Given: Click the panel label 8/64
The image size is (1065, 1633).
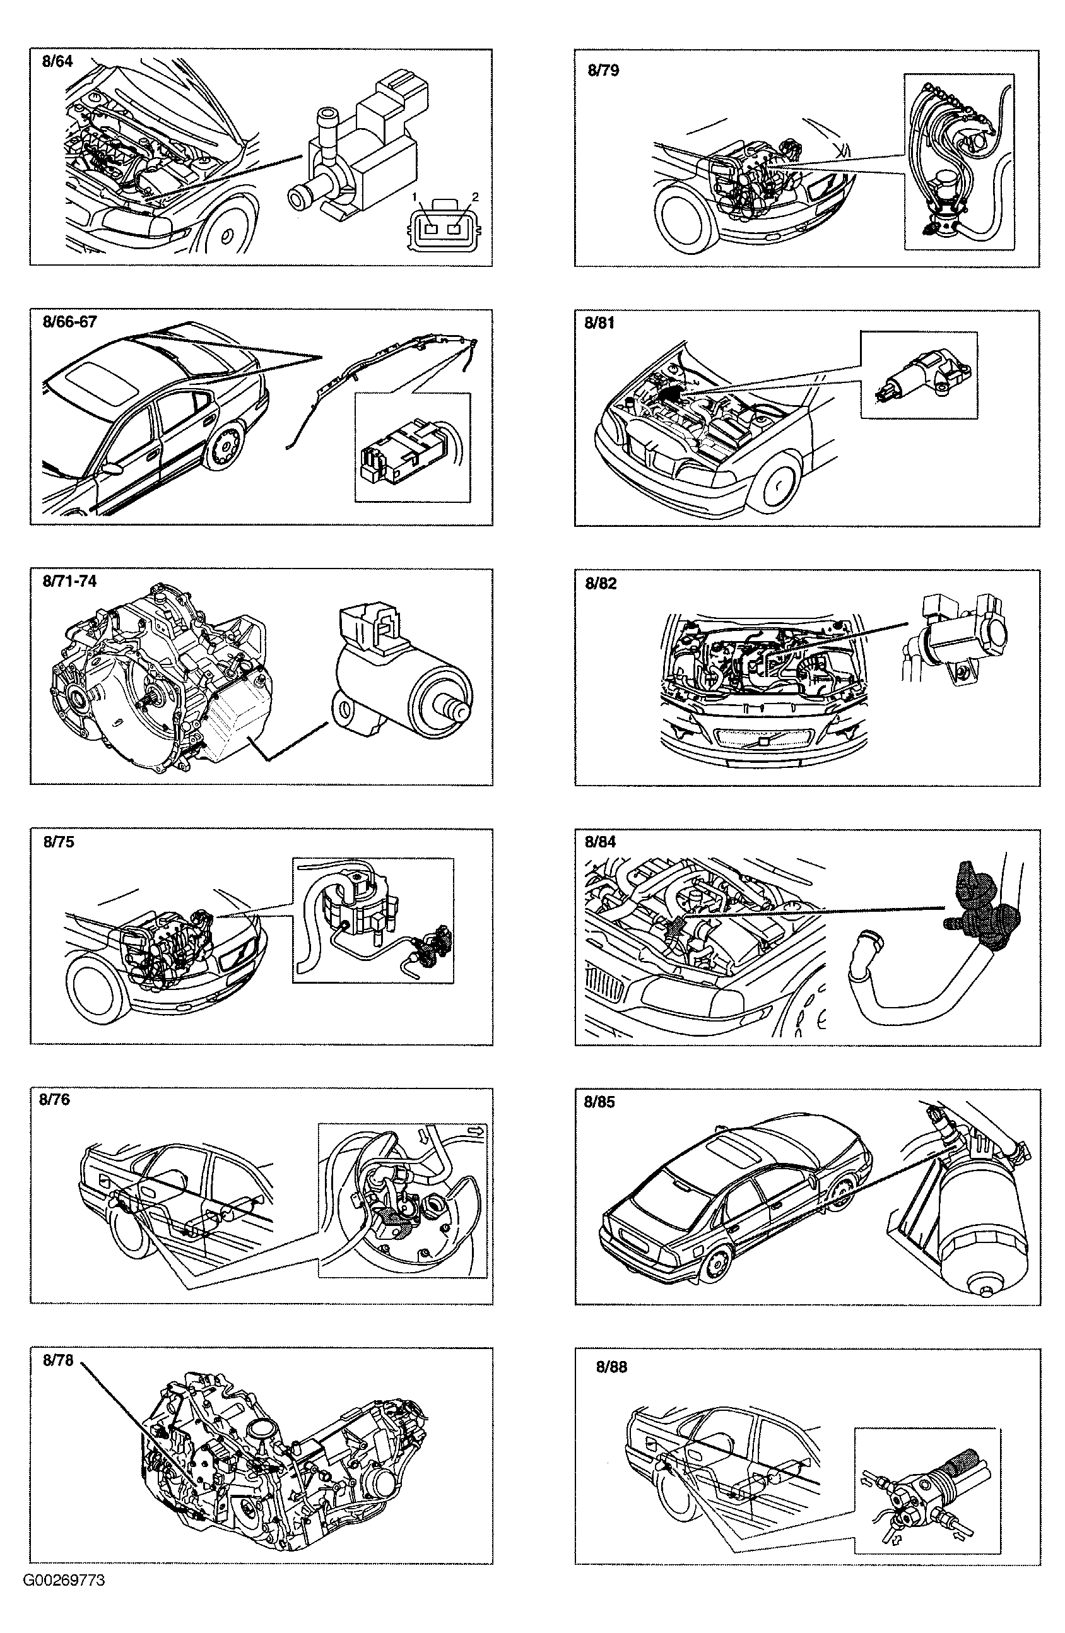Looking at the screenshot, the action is tap(57, 61).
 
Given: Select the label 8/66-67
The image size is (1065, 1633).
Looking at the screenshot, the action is tap(69, 322).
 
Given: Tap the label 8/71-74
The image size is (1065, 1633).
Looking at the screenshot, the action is tap(69, 581).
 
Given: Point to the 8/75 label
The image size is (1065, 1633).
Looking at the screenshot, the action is tap(58, 842).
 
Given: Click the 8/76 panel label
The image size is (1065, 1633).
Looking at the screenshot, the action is tap(55, 1100).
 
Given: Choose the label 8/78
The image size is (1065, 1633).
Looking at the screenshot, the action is tap(57, 1360).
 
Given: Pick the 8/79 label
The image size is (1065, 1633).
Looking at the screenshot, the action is tap(603, 71).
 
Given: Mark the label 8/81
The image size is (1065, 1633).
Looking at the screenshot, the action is tap(600, 323).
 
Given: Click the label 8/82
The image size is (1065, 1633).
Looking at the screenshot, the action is tap(601, 583).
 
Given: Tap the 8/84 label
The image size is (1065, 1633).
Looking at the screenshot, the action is tap(601, 842).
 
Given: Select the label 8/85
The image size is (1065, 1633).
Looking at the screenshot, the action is tap(600, 1102).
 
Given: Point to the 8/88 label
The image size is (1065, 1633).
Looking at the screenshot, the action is tap(611, 1367).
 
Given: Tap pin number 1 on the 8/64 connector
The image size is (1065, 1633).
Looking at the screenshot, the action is tap(415, 197).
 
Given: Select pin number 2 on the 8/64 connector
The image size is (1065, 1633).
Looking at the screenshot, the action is tap(475, 197).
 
